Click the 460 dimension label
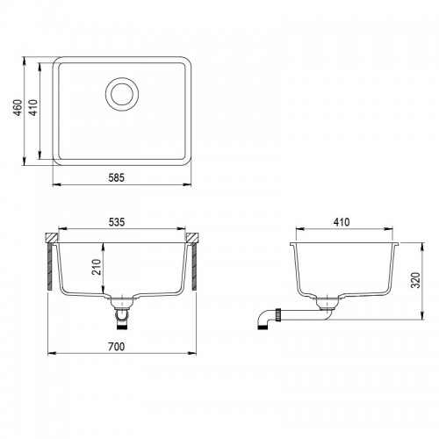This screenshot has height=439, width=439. click(18, 108)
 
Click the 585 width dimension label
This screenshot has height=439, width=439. click(117, 177)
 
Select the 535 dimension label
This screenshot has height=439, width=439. click(117, 222)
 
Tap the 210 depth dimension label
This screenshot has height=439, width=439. click(97, 267)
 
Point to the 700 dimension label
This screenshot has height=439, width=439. click(116, 347)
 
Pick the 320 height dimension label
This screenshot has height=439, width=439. click(415, 280)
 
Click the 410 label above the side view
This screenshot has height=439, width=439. click(342, 222)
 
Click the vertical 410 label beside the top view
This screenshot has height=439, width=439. click(34, 108)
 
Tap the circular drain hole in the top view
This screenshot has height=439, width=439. click(122, 94)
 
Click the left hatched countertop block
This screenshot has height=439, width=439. click(52, 238)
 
